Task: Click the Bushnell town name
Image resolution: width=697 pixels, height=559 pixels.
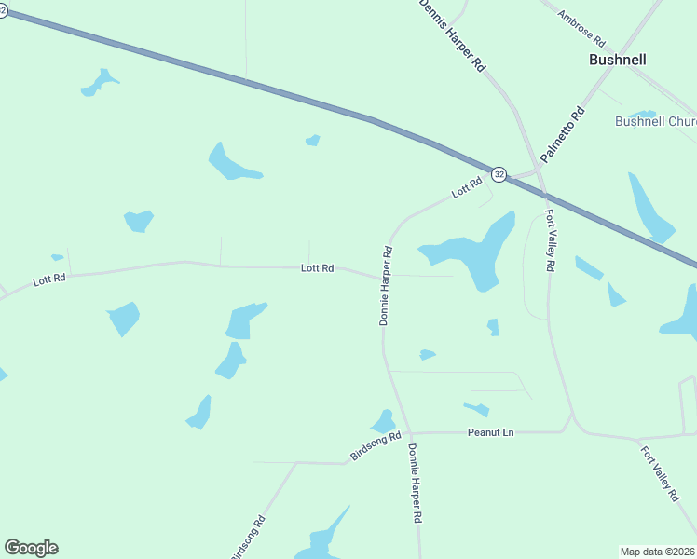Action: [617, 60]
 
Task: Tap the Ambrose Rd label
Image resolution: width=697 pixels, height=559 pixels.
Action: [581, 28]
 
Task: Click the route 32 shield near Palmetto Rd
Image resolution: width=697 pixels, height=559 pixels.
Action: [499, 174]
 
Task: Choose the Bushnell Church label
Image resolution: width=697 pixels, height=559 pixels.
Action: [655, 122]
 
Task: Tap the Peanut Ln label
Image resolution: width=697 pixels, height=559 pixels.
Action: [490, 433]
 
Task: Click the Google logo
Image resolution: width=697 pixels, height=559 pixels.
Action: [31, 548]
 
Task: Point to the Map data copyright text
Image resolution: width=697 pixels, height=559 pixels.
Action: [658, 551]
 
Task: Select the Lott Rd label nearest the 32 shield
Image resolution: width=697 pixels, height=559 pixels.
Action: [466, 187]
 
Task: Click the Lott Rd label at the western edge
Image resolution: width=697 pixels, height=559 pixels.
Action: [49, 279]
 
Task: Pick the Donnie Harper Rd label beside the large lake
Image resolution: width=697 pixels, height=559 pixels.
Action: [386, 285]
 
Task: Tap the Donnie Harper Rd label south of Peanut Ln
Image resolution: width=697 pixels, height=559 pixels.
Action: [416, 483]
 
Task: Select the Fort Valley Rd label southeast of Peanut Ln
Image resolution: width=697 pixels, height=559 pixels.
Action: [660, 473]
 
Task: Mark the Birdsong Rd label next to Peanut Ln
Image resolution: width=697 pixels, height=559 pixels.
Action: [376, 446]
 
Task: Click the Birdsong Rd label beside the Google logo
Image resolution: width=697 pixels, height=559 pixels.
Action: [248, 539]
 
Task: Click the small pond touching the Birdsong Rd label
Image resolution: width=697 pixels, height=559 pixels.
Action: [383, 422]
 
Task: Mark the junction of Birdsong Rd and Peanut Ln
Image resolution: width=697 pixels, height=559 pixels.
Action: [411, 433]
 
